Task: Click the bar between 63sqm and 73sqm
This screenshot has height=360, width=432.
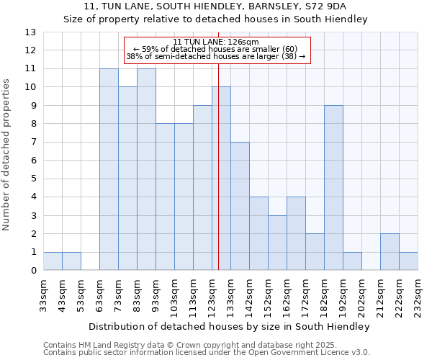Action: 109,170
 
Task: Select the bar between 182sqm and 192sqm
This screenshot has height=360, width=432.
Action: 333,188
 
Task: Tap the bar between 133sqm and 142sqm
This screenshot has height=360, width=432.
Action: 240,207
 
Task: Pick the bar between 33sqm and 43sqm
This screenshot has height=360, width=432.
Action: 53,261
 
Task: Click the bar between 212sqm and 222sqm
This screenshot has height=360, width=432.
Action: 390,252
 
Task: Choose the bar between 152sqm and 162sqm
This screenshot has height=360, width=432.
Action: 277,243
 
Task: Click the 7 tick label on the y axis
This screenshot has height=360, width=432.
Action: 32,143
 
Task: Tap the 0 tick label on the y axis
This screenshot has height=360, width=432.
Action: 32,271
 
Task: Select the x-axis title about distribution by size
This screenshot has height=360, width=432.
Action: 230,327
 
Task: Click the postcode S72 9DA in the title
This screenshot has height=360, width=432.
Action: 325,6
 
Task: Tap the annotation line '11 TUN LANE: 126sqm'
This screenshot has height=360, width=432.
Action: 217,42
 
